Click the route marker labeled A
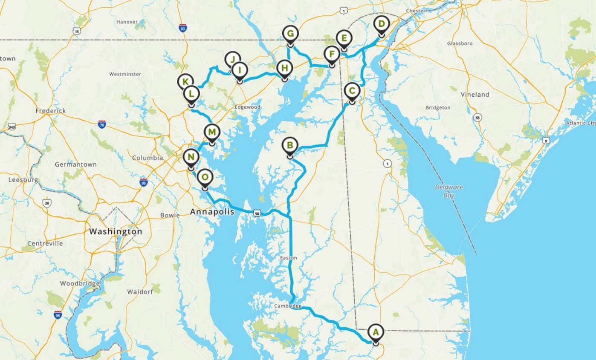coord(375,331)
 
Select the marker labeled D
coord(381,24)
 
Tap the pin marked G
coord(290,34)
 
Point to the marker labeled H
coord(284,68)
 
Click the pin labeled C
coord(352,91)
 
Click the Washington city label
coord(116,232)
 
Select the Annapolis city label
coord(212,212)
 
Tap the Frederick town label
coord(51,111)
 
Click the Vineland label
coord(474,95)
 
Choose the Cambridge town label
coord(288,306)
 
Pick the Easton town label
coord(288,258)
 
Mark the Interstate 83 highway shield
coord(183,28)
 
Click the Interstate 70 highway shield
coord(101,124)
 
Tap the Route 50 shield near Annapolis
coord(257,213)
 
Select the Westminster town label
coord(125,74)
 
